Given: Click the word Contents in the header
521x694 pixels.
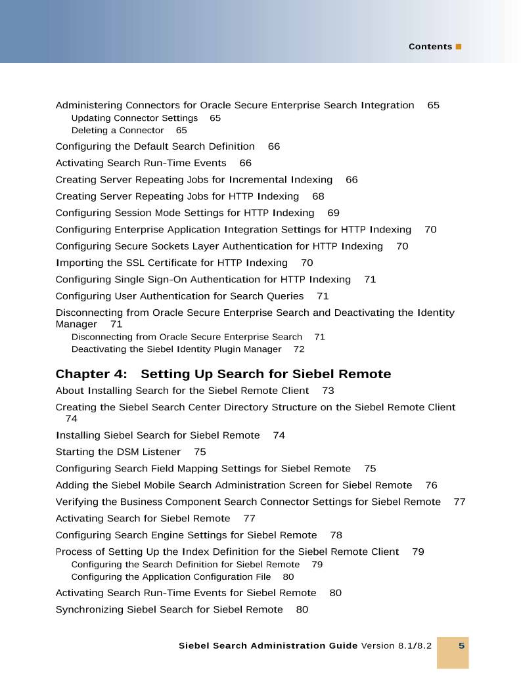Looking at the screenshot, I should pos(430,47).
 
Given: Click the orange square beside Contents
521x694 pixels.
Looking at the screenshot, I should pos(459,47).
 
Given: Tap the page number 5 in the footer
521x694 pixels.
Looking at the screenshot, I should pos(461,645).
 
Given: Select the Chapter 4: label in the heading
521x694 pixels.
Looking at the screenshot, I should pos(91,374).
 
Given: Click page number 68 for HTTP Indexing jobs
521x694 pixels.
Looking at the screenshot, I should pos(318,196).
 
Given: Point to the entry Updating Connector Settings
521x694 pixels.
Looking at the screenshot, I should pos(134,118).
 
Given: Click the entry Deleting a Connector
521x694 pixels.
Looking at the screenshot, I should pos(118,131).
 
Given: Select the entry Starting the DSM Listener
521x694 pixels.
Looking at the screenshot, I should pos(118,452).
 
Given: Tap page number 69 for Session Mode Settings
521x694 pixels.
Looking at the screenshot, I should pos(333,213).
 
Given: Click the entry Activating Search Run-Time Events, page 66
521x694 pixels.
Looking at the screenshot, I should pos(141,163).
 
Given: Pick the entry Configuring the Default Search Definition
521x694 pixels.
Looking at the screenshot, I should pos(155,146).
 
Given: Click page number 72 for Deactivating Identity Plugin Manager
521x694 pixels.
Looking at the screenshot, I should pos(299,349).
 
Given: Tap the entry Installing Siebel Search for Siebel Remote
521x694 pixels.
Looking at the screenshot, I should pos(158,435).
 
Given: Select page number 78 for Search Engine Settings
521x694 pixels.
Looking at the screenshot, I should pos(336,535).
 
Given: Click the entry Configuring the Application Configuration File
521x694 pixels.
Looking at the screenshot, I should pos(171,577).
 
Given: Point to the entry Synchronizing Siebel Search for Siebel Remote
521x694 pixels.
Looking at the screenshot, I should pos(169,609).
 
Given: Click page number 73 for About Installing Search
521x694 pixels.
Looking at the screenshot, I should pos(328,391).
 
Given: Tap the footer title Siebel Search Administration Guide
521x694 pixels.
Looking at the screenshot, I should pos(268,645).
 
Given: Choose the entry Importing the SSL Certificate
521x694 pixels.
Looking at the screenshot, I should pos(171,263).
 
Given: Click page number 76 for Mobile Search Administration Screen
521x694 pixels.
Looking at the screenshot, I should pos(431,485).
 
